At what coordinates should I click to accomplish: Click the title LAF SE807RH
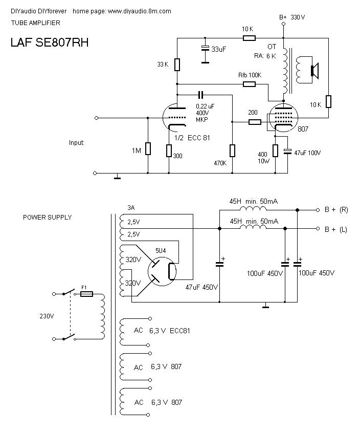tap(50, 42)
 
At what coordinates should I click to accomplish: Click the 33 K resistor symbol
tap(177, 64)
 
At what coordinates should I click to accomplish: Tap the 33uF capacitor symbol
tap(205, 49)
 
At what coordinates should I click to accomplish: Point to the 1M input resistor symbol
tap(148, 148)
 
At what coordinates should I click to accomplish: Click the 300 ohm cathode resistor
tap(169, 150)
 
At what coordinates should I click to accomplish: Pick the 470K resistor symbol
tap(232, 150)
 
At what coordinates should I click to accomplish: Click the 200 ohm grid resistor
tap(255, 122)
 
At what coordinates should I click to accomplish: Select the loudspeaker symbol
tap(313, 70)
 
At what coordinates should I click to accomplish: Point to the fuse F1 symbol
tap(87, 294)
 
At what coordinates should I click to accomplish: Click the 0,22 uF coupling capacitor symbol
tap(200, 94)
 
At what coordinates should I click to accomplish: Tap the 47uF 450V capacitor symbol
tap(220, 264)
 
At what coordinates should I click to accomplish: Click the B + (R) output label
tap(336, 210)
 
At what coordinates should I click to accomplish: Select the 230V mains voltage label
tap(46, 316)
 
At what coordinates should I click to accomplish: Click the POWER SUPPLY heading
tap(48, 217)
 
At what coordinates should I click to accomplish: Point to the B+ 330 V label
tap(292, 17)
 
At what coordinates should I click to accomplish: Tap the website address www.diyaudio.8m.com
tap(139, 11)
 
